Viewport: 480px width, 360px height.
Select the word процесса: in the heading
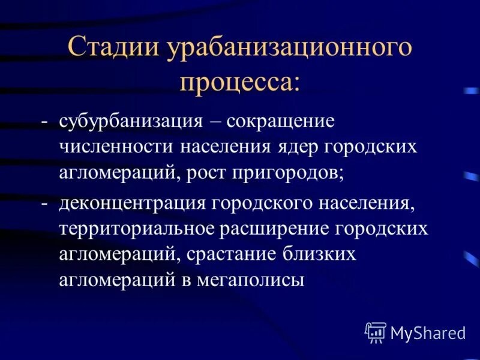coord(239,81)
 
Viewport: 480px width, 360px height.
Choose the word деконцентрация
coord(133,202)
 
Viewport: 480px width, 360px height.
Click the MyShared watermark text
coord(428,332)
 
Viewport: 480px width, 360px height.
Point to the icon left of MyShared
coord(375,332)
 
